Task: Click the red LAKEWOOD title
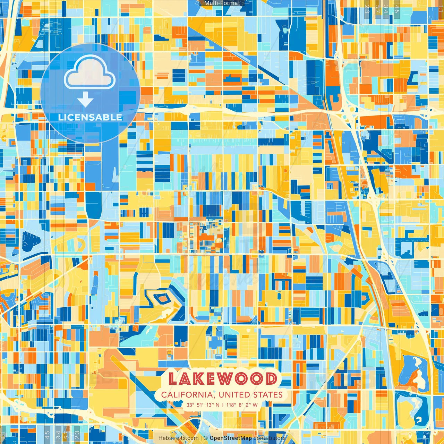tap(222, 379)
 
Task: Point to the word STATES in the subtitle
tap(268, 395)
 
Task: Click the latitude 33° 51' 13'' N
tap(203, 405)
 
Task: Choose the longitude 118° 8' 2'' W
tap(242, 405)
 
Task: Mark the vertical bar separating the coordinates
tap(223, 405)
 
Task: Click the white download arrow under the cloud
tap(85, 100)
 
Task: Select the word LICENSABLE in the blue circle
tap(90, 117)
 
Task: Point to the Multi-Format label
tap(222, 3)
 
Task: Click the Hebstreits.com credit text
tap(179, 438)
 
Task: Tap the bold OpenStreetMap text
tap(231, 438)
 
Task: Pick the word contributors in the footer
tap(269, 438)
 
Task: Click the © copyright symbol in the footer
tap(206, 438)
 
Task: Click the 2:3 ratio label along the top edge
tap(367, 9)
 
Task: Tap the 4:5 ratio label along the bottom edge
tap(47, 434)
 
